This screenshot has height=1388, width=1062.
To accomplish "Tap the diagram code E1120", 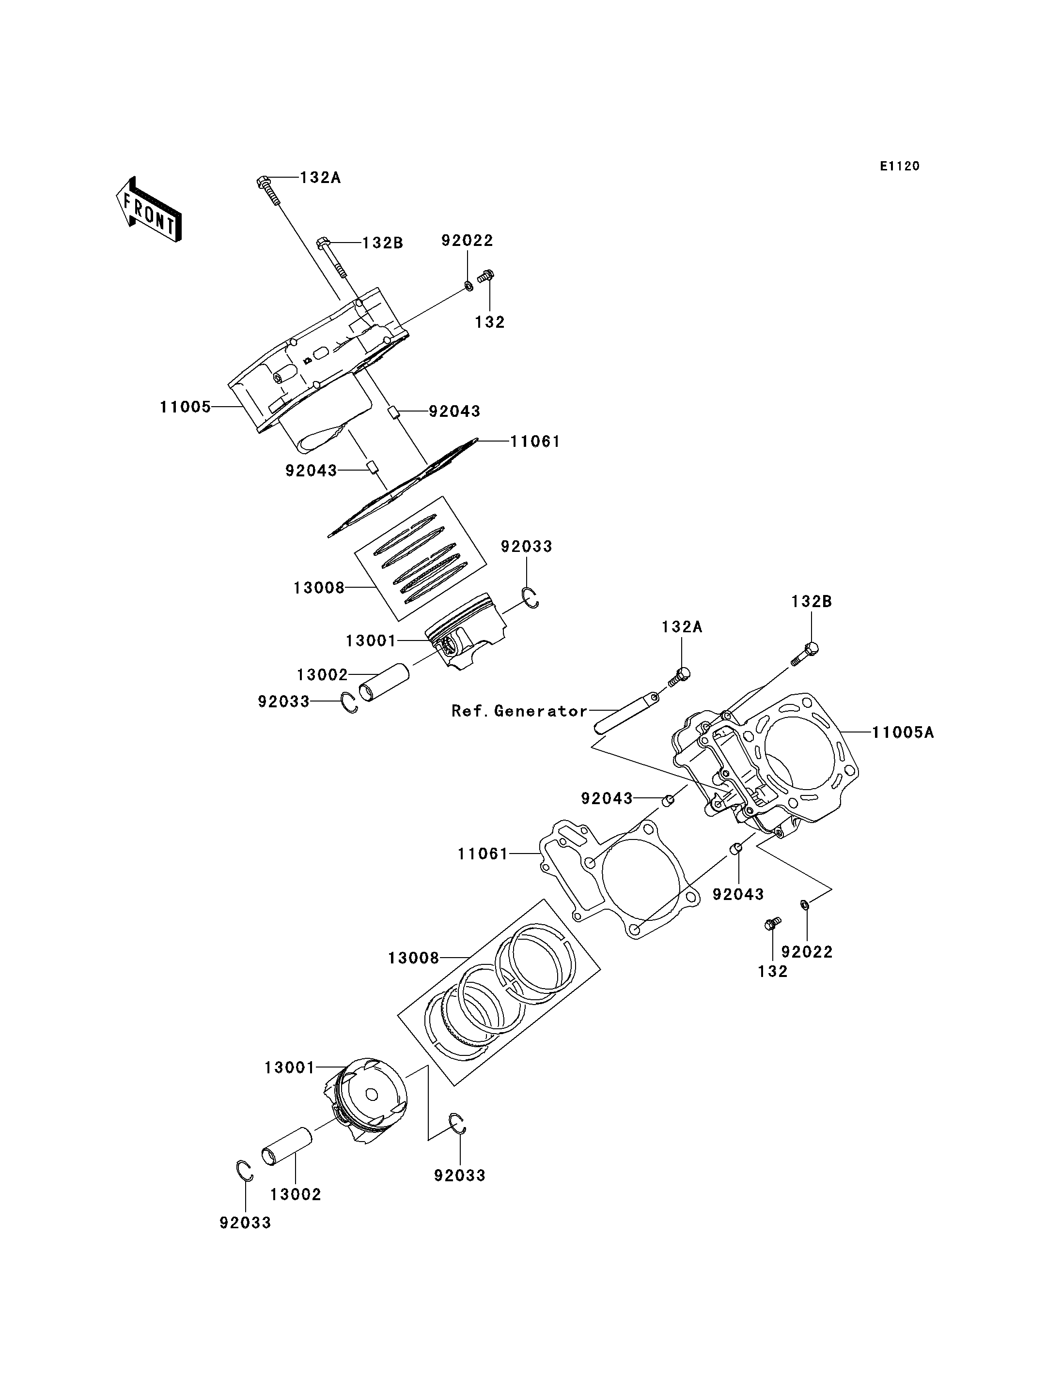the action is click(x=900, y=166).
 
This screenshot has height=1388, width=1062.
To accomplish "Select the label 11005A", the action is click(x=903, y=733).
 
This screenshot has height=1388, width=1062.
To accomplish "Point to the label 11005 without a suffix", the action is click(x=185, y=407).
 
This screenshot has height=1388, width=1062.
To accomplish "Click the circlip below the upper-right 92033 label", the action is click(x=531, y=597).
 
